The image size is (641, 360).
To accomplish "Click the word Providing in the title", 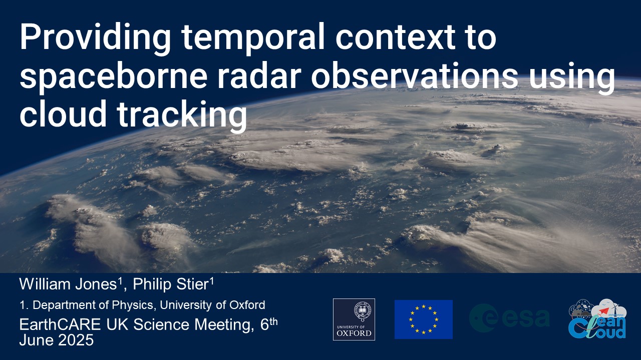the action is (x=95, y=39).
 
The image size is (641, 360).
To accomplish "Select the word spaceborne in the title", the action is (x=113, y=76).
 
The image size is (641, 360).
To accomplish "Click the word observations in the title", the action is (x=415, y=75).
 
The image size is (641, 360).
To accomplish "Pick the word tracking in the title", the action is (x=182, y=114).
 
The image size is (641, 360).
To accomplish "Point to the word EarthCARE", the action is (x=60, y=324).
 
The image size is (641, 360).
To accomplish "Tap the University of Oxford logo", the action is (x=354, y=319).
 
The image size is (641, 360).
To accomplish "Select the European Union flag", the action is (x=424, y=319).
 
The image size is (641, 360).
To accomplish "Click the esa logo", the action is (x=509, y=318).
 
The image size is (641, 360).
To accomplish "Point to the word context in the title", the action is (x=395, y=38).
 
